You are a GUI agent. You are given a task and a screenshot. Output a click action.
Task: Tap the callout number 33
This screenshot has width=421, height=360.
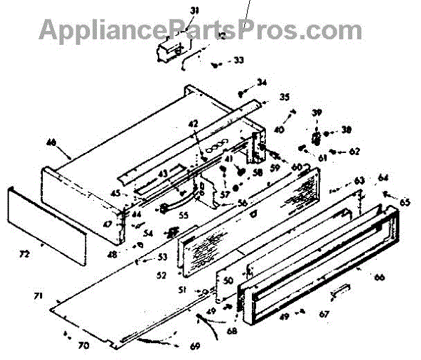point(239,60)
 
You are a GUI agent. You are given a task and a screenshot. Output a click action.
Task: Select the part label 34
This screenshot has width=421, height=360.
point(262,84)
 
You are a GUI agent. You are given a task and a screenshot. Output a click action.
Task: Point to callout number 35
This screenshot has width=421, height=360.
point(264,97)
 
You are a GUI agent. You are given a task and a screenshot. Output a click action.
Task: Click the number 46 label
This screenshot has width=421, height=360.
point(51,142)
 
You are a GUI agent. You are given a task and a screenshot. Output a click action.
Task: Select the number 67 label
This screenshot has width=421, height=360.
point(324,312)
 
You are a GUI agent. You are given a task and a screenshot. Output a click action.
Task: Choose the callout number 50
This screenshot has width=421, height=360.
point(227,280)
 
